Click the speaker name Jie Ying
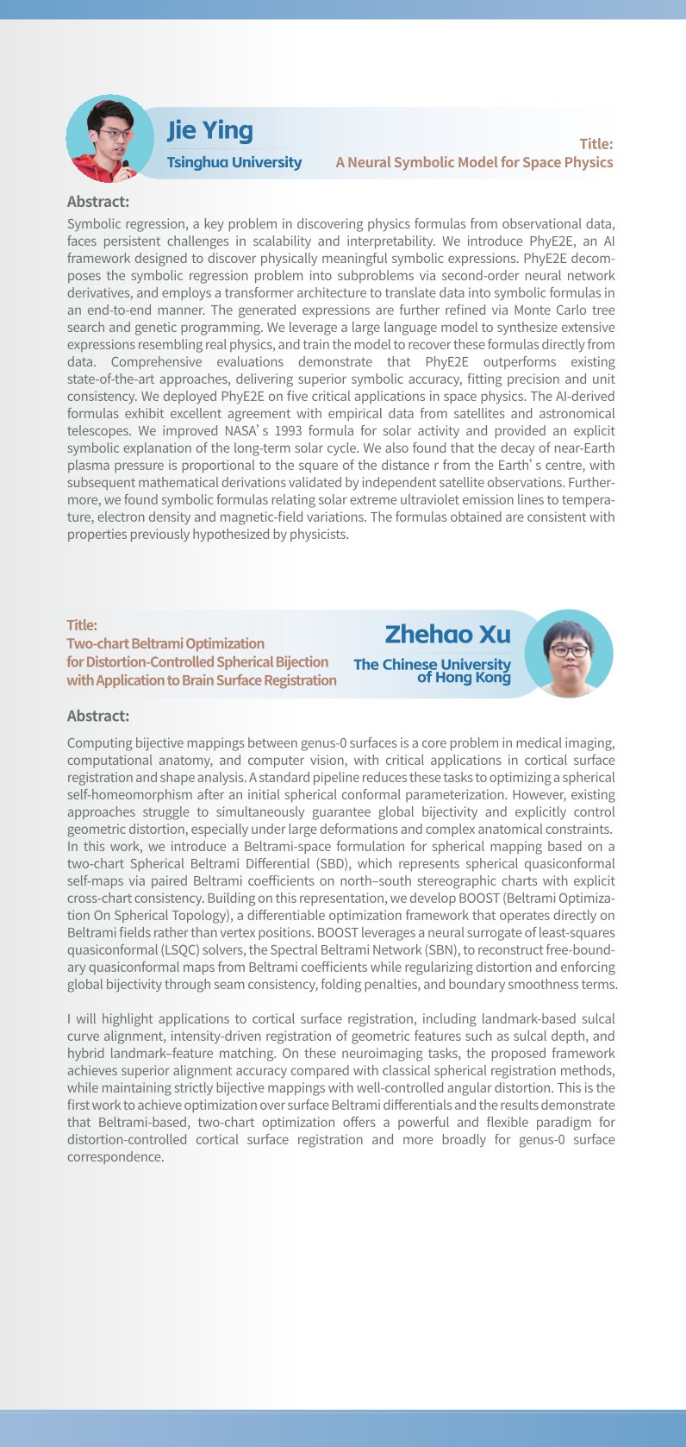[x=209, y=130]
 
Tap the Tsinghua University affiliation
[x=234, y=162]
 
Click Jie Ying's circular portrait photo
[x=109, y=138]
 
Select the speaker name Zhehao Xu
[x=447, y=635]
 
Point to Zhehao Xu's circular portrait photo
[x=569, y=654]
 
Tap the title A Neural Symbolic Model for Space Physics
[x=474, y=162]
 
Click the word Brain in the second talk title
[x=202, y=680]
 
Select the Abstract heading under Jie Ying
[x=98, y=202]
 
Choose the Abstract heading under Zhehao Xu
[x=98, y=716]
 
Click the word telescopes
[x=97, y=431]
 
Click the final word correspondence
[x=115, y=1157]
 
